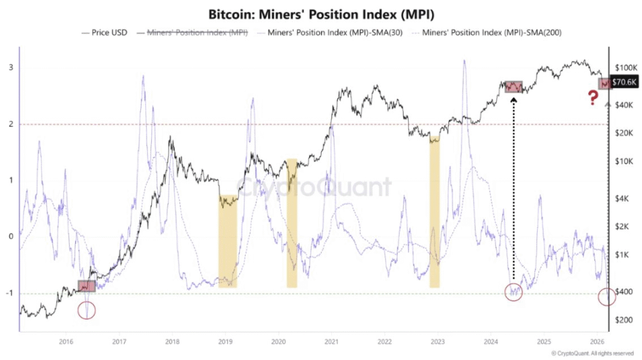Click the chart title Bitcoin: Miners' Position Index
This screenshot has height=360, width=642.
320,13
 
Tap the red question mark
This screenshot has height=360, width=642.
592,97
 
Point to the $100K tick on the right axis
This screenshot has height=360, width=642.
625,67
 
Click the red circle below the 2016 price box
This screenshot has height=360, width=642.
87,309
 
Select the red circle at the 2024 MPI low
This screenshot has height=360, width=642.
513,292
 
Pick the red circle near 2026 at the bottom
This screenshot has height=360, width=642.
607,297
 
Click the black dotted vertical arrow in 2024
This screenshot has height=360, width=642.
513,188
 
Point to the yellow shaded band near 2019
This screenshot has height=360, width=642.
228,241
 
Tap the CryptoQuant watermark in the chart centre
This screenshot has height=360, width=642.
313,187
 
